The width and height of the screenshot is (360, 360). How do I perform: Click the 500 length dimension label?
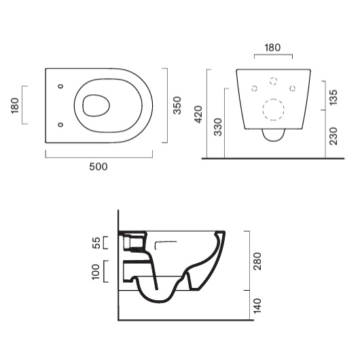98,166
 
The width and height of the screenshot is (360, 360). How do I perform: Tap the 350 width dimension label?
177,105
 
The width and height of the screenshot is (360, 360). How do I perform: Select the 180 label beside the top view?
15,105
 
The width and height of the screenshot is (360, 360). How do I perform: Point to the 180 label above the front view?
272,48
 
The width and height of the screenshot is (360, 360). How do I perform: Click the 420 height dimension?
198,114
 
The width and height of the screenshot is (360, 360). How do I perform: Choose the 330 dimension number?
218,127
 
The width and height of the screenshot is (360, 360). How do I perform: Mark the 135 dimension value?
334,97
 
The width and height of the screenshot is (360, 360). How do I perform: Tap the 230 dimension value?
334,136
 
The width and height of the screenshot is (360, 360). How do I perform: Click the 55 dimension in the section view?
96,243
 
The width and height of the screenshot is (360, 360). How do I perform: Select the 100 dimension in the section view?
96,272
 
